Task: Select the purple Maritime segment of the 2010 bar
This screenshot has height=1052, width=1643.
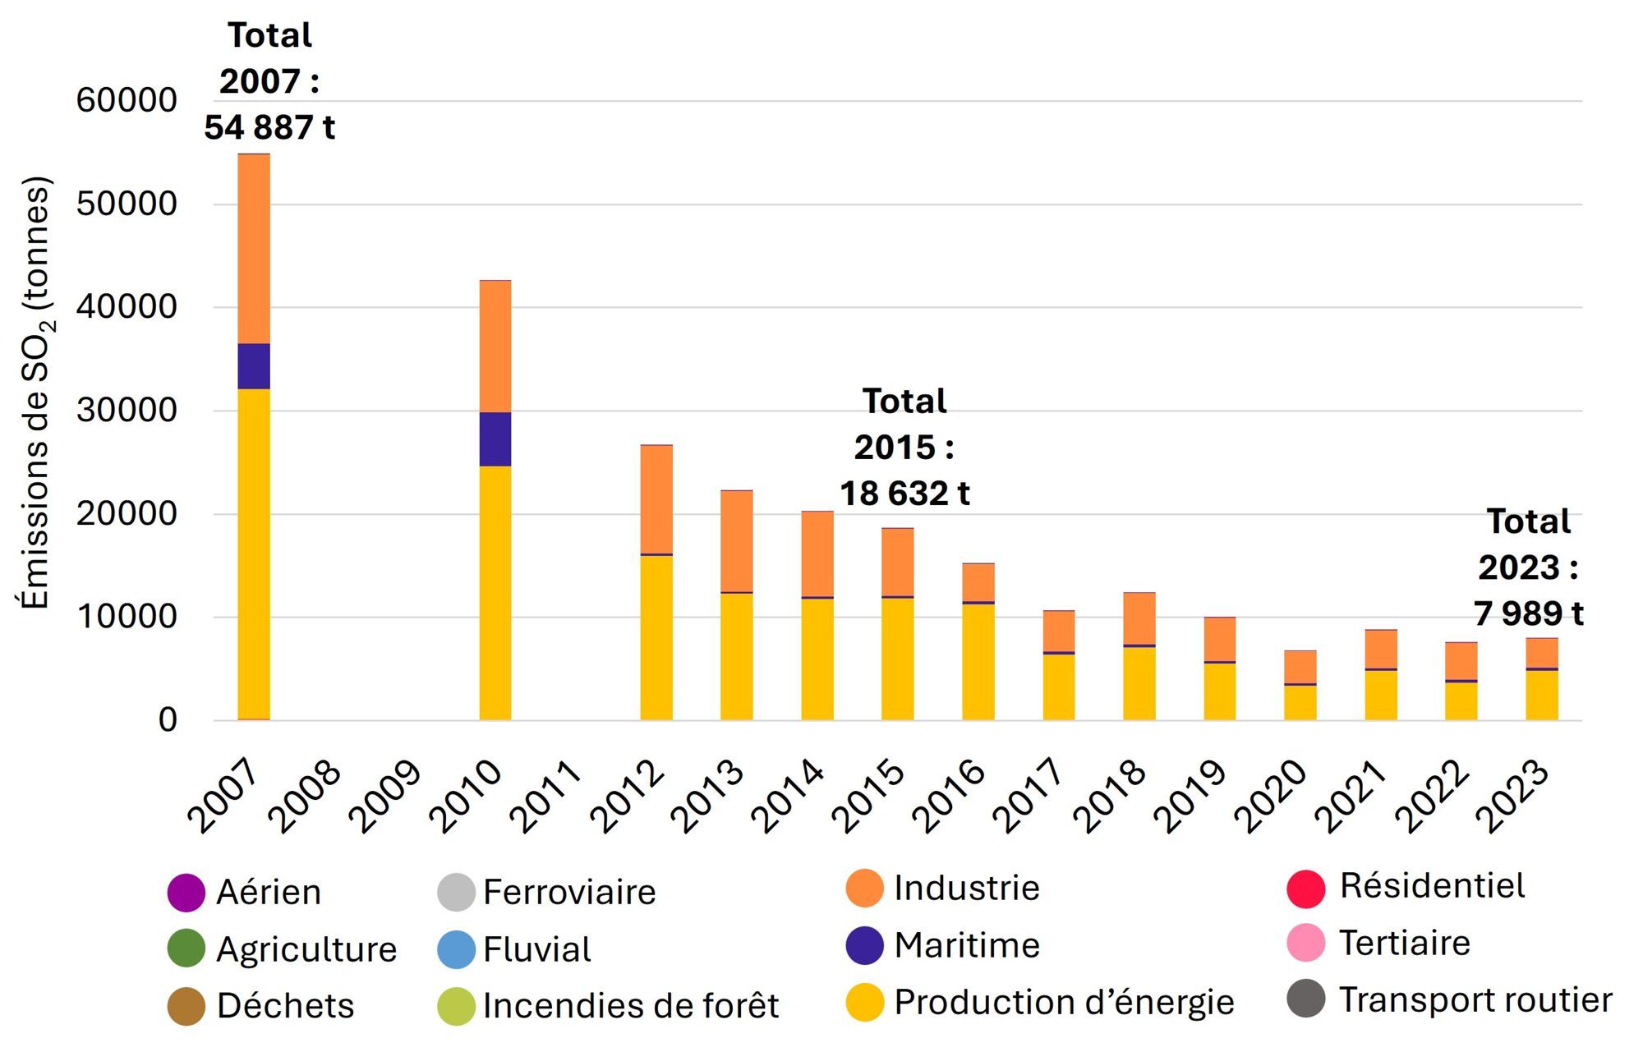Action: click(495, 439)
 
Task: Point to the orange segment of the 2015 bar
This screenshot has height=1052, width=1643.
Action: click(897, 562)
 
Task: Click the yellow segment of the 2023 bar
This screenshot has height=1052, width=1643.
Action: click(1541, 696)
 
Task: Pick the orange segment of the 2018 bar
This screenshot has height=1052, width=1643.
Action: click(1139, 618)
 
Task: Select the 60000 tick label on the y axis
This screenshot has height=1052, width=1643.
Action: click(127, 101)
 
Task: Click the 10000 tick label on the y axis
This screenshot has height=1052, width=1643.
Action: click(127, 617)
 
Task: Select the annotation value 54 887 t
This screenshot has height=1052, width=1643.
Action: click(269, 127)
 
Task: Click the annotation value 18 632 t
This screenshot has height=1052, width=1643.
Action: click(904, 494)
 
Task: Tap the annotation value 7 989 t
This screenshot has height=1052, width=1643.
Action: click(1528, 613)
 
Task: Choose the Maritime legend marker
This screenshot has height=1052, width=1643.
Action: click(864, 945)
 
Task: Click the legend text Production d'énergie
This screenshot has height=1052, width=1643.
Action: click(1064, 1003)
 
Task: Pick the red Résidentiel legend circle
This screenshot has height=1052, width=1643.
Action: click(1305, 889)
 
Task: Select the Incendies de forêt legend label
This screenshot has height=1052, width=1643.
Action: click(631, 1006)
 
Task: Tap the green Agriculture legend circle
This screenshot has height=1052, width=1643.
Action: click(186, 949)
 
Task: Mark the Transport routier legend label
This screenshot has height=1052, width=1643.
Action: click(1475, 1000)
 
